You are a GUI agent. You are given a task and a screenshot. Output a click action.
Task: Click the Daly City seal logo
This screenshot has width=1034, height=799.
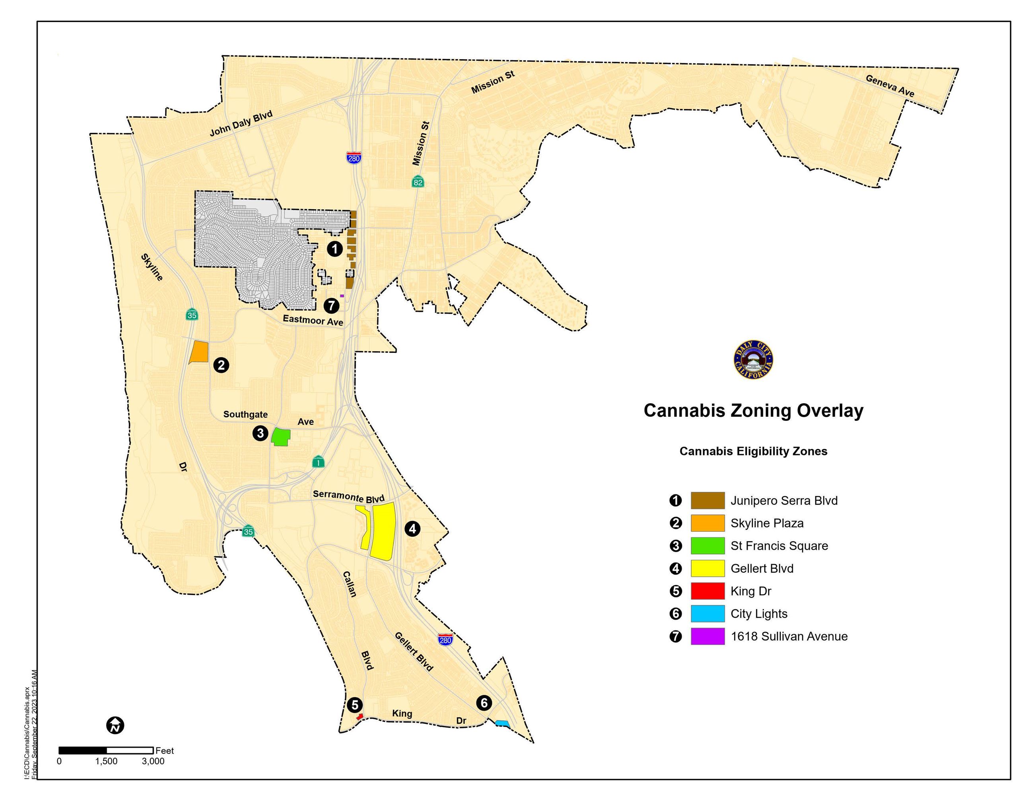[x=753, y=360]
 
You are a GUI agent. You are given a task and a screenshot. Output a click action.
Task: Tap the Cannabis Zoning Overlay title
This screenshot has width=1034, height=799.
[x=753, y=410]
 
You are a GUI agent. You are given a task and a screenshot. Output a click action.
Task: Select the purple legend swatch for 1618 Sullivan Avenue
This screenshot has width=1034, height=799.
[x=707, y=636]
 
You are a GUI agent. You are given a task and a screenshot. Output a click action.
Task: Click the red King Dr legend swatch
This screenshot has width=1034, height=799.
[x=707, y=591]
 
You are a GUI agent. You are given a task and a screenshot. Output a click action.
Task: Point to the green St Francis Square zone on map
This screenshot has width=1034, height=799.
[x=281, y=437]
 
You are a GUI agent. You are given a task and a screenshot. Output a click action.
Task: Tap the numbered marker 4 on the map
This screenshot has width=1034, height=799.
[x=412, y=529]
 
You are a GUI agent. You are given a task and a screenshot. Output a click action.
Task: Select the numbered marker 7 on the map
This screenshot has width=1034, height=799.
[x=331, y=305]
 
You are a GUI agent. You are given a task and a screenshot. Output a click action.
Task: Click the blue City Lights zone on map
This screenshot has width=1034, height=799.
[x=502, y=723]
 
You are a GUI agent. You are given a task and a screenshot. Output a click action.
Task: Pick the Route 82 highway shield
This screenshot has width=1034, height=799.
[x=418, y=182]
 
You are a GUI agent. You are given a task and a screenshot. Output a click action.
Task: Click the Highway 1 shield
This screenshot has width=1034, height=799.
[x=319, y=462]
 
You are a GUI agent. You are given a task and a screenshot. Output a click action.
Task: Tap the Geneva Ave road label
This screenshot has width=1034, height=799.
[x=890, y=86]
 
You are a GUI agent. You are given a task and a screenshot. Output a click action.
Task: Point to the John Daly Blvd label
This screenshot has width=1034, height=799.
[x=241, y=124]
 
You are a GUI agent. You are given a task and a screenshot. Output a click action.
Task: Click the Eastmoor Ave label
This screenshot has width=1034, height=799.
[x=313, y=321]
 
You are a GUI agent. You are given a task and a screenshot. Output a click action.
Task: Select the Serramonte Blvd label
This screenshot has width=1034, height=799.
[x=348, y=496]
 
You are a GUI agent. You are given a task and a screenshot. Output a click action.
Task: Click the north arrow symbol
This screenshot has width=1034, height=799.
[x=115, y=725]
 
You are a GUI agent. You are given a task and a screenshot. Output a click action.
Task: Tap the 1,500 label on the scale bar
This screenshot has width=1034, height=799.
[x=106, y=762]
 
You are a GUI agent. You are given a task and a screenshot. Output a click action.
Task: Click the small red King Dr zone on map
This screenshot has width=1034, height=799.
[x=360, y=717]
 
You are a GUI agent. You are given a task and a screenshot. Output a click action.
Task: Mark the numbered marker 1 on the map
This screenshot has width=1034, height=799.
[x=335, y=249]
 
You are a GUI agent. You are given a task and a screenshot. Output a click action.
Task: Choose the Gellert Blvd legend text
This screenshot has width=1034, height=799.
[x=762, y=568]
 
